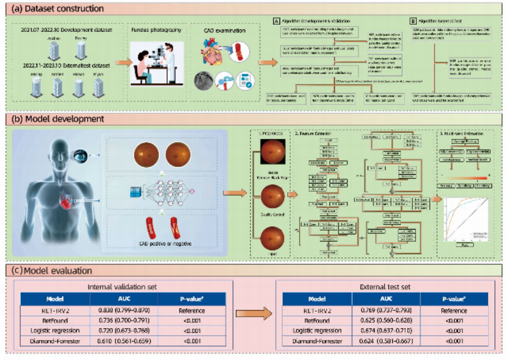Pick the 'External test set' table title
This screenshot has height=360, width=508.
click(386, 287)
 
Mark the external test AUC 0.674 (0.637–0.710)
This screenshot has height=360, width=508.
click(386, 331)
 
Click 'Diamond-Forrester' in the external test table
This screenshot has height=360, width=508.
click(317, 342)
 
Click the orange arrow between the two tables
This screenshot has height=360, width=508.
click(251, 316)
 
